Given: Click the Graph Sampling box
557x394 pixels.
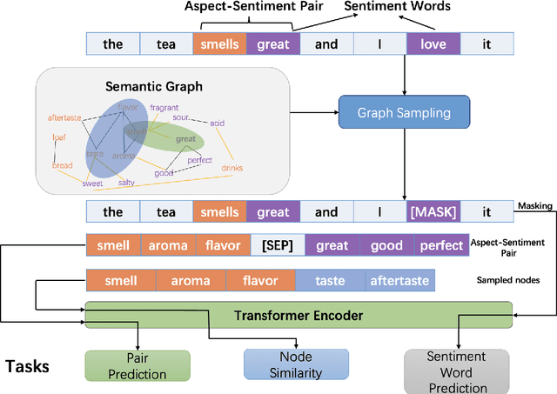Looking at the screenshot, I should (x=404, y=112).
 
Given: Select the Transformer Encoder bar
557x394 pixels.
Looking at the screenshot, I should (x=298, y=315).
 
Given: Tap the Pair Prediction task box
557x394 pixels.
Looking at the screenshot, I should (x=137, y=364).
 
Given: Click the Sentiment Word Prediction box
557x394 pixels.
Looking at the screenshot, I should (x=458, y=371).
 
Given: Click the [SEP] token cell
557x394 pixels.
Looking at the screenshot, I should (x=277, y=245).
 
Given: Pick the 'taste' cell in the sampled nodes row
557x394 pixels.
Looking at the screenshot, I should (x=330, y=281).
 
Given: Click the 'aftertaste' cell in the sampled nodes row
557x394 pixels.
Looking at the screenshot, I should (x=399, y=281).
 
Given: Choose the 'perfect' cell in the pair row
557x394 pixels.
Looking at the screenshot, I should (x=441, y=245).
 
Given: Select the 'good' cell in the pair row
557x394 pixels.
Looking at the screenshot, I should (x=386, y=245).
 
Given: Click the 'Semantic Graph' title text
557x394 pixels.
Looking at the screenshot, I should (x=153, y=87).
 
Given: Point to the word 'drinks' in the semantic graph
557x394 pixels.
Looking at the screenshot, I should (x=232, y=167).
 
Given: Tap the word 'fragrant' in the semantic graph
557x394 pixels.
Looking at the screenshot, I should (x=164, y=107).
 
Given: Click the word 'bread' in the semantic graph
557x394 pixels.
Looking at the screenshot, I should (x=63, y=165).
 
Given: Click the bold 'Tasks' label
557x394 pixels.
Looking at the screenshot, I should (x=27, y=366).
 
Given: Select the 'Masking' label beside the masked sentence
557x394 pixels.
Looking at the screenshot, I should (x=535, y=205).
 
